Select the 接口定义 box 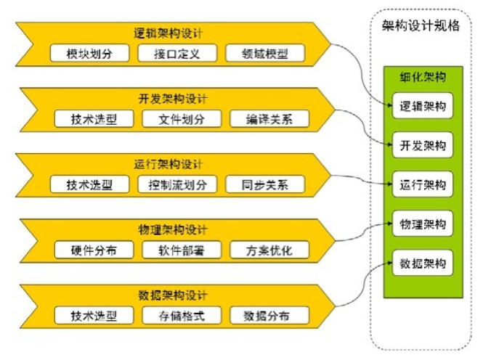pos(176,54)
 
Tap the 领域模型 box pos(265,54)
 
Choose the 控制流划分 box pos(177,184)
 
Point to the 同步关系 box pos(266,184)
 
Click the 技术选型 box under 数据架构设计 pos(92,316)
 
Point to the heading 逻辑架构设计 pos(169,33)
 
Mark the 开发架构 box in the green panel pos(422,144)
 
